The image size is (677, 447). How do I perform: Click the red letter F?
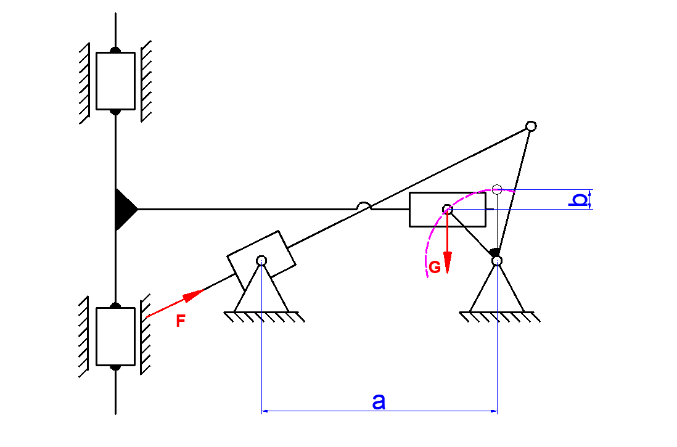point(181,321)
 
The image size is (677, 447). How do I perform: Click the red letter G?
point(434,268)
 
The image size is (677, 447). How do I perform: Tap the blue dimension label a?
point(379,401)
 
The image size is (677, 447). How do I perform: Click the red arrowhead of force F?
point(194,295)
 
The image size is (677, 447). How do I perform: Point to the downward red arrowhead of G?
point(447,263)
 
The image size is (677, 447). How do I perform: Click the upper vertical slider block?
point(115,81)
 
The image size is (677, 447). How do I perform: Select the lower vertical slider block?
point(115,337)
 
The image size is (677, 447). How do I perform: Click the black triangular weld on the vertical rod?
point(125,210)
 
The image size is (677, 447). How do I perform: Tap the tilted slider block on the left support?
point(261,260)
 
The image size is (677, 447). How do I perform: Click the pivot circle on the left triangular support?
point(261,260)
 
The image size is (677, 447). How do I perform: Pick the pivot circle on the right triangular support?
point(497,261)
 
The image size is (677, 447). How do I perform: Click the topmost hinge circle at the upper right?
point(531,126)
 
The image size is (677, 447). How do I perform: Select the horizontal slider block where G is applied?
point(447,210)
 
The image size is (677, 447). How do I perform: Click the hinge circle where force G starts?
point(447,210)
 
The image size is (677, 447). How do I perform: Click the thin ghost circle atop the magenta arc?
point(497,189)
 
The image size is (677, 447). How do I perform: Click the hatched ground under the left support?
point(265,316)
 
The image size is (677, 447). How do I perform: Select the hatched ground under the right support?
point(499,316)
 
